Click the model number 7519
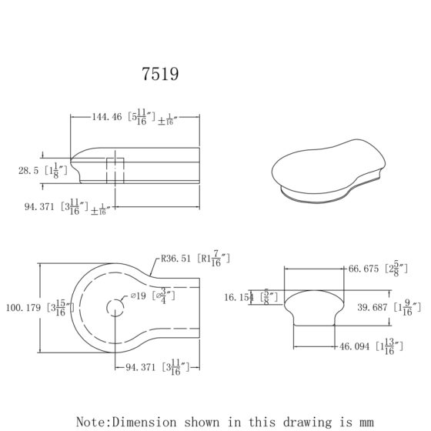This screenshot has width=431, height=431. click(161, 74)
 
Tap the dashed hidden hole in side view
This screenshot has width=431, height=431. click(114, 169)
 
